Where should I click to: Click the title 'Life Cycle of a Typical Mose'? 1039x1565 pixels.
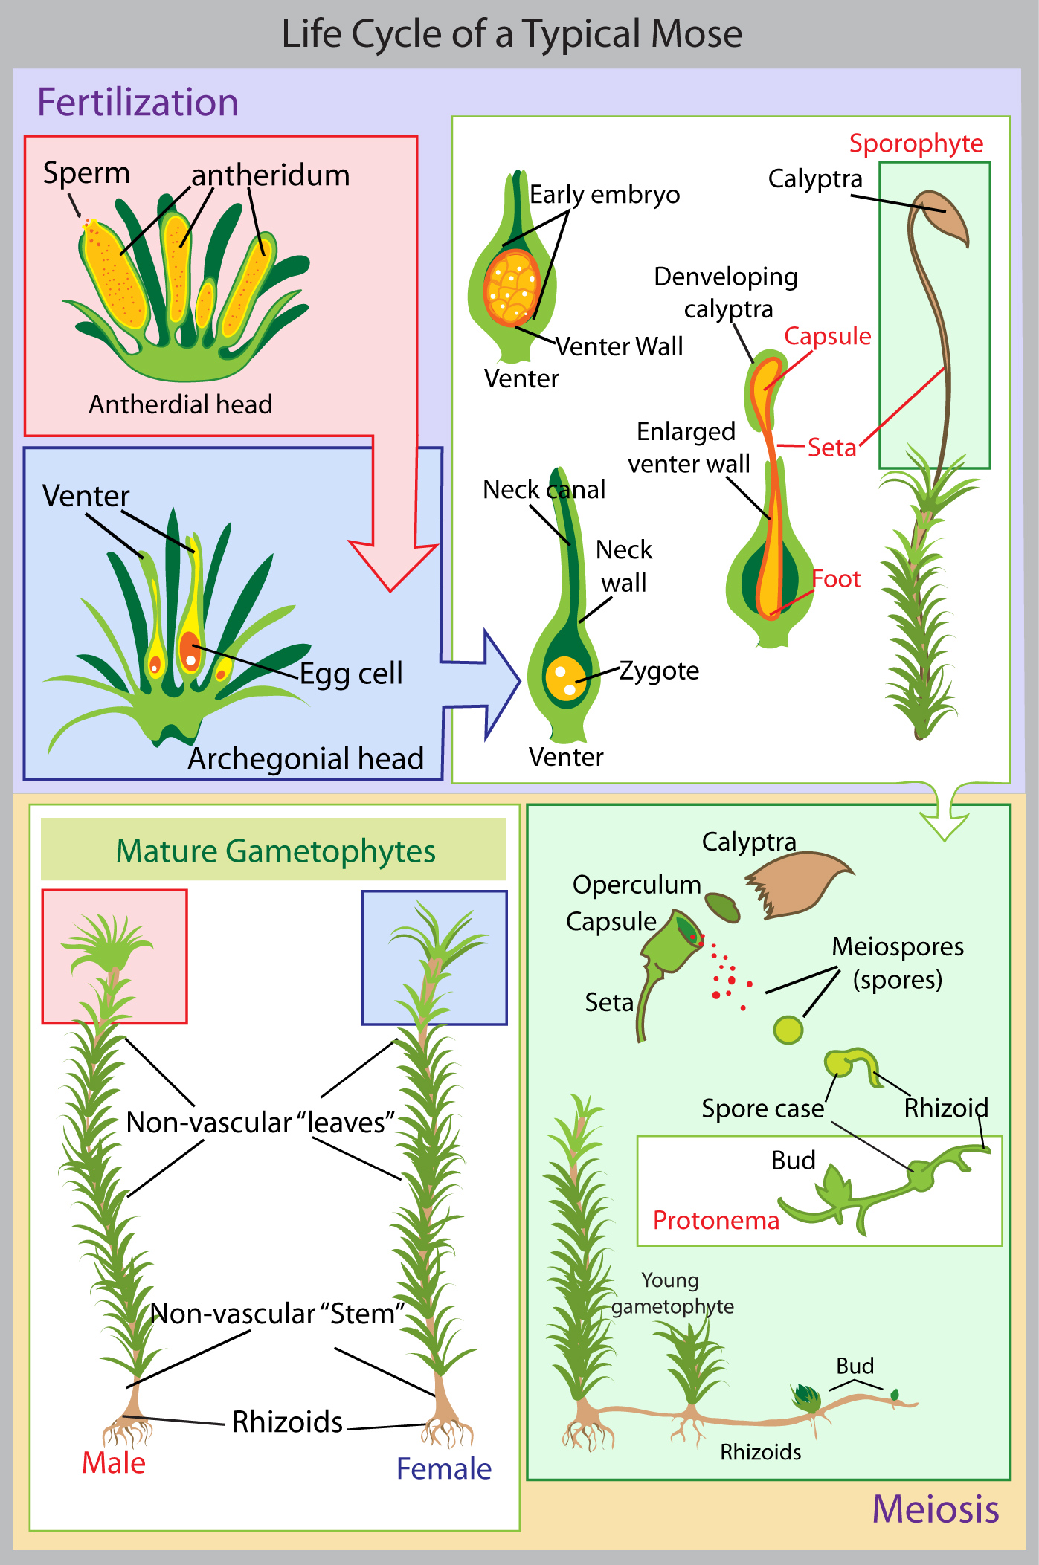(x=512, y=34)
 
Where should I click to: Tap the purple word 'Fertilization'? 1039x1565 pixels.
(x=138, y=103)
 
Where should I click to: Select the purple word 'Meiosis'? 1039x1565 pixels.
(x=935, y=1509)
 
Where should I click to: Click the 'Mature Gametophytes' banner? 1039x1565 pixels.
(x=275, y=851)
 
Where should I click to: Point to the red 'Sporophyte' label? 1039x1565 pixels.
(x=916, y=143)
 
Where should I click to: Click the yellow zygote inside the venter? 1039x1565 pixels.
(x=564, y=677)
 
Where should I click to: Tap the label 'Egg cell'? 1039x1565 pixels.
(x=351, y=674)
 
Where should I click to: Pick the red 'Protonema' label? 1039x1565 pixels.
(x=715, y=1220)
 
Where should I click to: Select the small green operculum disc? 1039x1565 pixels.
(x=722, y=906)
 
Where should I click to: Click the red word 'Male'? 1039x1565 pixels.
(x=113, y=1462)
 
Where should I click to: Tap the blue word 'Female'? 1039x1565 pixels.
(x=444, y=1468)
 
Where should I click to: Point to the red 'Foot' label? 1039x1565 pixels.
(x=835, y=578)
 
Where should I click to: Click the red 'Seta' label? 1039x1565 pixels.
(x=831, y=448)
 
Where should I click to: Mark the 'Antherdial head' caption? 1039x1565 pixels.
(x=181, y=404)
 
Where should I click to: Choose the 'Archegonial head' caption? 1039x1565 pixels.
(x=306, y=758)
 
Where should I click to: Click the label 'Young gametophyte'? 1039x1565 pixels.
(x=672, y=1293)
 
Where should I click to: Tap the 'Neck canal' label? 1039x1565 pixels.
(x=544, y=490)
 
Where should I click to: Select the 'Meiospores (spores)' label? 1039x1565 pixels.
(x=898, y=963)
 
